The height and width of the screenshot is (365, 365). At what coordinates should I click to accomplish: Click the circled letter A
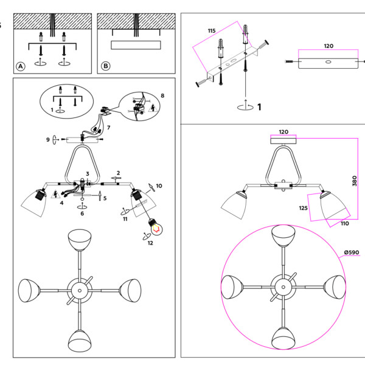pyautogui.click(x=20, y=66)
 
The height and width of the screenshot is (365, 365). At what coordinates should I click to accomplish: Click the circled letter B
pyautogui.click(x=105, y=66)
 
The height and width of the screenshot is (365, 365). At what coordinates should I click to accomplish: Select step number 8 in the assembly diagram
pyautogui.click(x=163, y=96)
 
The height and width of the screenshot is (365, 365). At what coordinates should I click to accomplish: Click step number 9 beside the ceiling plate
pyautogui.click(x=47, y=140)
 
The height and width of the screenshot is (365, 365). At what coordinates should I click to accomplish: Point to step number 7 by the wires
pyautogui.click(x=109, y=128)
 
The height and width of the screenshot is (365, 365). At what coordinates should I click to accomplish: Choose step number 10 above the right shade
pyautogui.click(x=159, y=186)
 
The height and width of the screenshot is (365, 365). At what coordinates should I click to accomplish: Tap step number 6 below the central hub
pyautogui.click(x=82, y=214)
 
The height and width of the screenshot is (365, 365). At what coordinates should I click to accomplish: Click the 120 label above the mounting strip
pyautogui.click(x=328, y=46)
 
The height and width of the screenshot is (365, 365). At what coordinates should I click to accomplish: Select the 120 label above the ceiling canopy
pyautogui.click(x=283, y=131)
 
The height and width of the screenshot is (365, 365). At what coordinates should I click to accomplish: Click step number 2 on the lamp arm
pyautogui.click(x=119, y=173)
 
